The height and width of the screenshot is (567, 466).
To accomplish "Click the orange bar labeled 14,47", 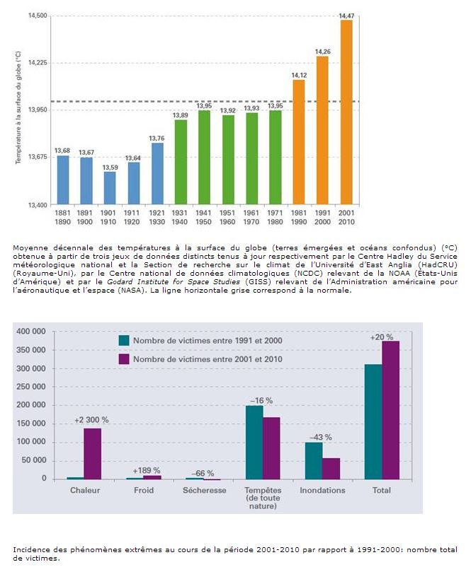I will (346, 113).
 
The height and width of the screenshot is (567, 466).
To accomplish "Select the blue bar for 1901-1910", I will (110, 188).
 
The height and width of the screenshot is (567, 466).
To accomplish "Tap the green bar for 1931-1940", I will (181, 163).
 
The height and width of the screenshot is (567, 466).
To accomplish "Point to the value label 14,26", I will (322, 51).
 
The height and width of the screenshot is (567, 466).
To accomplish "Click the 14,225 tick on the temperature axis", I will (37, 63).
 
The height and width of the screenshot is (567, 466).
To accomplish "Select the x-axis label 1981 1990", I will (299, 217).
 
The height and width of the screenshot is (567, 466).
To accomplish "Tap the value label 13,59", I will (110, 168).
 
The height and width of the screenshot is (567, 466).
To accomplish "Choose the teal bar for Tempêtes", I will (254, 443).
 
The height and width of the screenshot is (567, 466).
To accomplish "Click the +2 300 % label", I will (91, 420).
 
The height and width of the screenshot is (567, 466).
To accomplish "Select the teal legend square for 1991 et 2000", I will (124, 341).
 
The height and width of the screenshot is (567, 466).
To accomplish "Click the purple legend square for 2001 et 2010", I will (124, 359).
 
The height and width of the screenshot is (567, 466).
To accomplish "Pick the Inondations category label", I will (322, 490).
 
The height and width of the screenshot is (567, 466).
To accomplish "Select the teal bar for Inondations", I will (314, 461).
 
